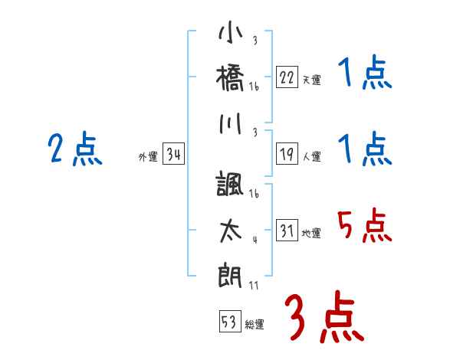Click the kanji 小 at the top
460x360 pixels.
tap(231, 34)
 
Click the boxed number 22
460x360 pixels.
tap(287, 78)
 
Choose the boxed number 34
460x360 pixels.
tap(173, 155)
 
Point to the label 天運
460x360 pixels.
tap(311, 80)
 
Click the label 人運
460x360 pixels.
tap(311, 157)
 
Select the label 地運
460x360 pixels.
tap(311, 234)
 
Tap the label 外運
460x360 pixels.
tap(148, 157)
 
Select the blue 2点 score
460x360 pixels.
tap(74, 149)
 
